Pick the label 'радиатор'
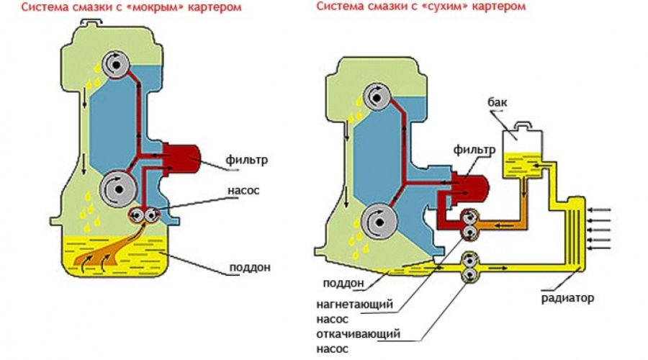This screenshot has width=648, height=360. tap(569, 298)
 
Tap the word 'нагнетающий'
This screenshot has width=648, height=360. tap(354, 304)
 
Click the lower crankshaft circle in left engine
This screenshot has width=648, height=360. tap(113, 188)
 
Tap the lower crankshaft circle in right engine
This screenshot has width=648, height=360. tap(375, 220)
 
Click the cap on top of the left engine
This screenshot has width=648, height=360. tap(91, 23)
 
